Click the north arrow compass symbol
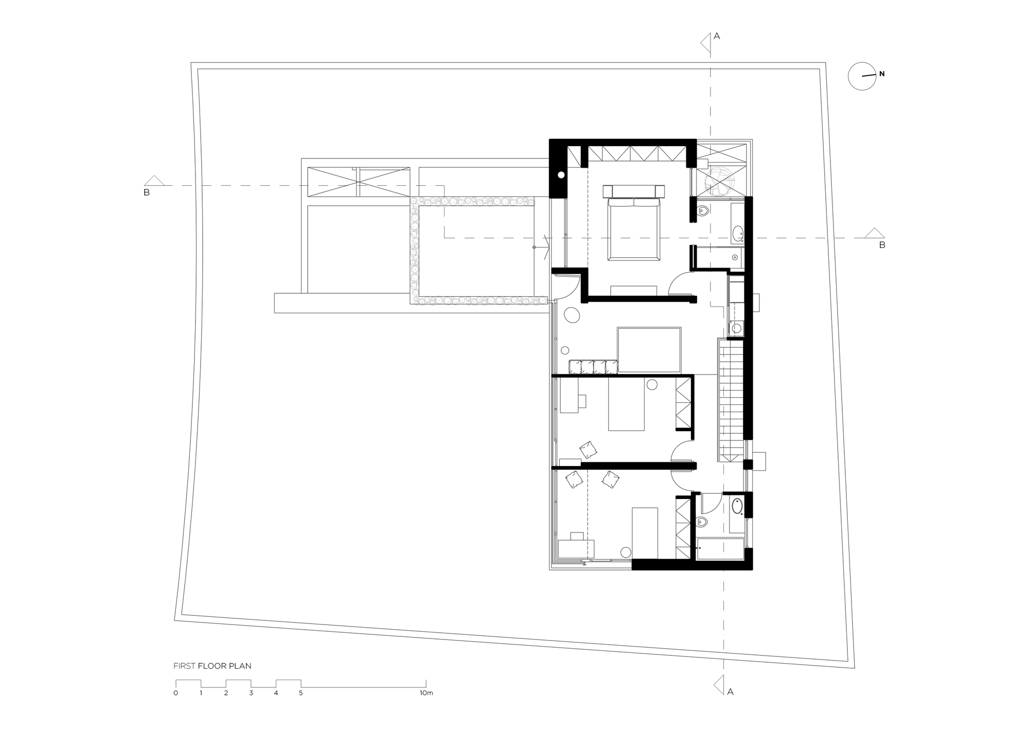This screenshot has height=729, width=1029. pos(862,77)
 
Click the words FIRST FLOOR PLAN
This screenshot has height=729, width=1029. pos(212,666)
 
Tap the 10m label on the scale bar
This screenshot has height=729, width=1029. pos(426,693)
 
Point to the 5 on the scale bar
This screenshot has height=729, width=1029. pos(301,693)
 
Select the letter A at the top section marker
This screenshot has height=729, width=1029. pos(717,36)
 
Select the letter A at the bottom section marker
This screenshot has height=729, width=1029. pos(730,692)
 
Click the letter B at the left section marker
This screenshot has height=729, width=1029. pos(147,193)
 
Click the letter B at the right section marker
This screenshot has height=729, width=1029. pos(882,245)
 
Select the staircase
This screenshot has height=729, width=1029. pos(731,401)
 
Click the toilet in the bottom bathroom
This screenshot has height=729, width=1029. pos(702,523)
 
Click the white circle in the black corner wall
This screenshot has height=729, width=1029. pos(561,175)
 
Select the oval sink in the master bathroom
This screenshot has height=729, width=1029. pos(738,234)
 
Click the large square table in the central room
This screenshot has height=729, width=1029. pos(649,350)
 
